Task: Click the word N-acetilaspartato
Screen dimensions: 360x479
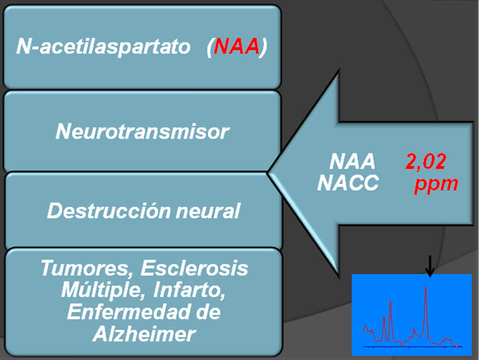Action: [104, 48]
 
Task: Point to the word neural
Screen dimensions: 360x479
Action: [212, 212]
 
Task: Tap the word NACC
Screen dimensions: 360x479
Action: [348, 184]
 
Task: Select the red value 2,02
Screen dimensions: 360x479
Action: [426, 163]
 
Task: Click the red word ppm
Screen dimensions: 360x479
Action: [436, 184]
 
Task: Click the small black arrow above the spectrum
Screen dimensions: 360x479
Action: [429, 267]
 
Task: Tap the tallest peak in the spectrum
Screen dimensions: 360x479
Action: [426, 288]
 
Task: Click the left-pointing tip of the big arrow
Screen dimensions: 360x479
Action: [268, 172]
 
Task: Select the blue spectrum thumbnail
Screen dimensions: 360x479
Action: [412, 314]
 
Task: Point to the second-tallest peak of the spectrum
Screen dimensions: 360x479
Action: [391, 302]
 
